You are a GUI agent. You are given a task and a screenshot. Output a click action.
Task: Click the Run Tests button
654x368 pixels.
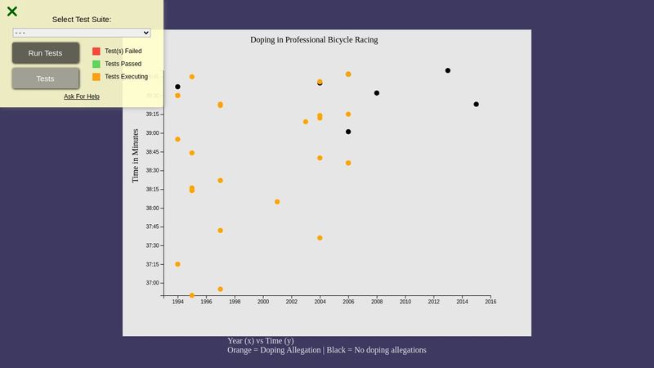tap(46, 53)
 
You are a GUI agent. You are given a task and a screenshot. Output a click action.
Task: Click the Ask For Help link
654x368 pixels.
tap(82, 96)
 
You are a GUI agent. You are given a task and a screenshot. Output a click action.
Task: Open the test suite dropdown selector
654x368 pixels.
tap(82, 33)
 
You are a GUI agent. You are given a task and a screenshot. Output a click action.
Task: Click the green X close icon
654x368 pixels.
tap(12, 11)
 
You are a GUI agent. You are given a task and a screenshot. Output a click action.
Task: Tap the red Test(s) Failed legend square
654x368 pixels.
tap(96, 51)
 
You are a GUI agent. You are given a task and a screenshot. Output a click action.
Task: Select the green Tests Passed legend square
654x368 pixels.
tap(96, 64)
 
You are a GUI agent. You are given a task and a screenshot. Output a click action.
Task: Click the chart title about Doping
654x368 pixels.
tap(314, 39)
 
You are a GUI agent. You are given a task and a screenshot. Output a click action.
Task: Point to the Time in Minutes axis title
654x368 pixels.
tap(136, 155)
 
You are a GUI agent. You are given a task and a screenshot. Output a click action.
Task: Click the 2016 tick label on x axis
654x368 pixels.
tap(490, 302)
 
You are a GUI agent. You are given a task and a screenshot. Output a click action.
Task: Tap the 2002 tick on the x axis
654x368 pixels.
tap(291, 302)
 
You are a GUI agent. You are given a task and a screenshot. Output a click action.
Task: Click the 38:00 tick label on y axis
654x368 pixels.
tap(153, 208)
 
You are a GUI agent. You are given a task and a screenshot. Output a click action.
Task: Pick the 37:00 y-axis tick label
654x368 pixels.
tap(153, 283)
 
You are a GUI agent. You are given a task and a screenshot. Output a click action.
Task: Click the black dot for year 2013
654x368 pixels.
tap(448, 70)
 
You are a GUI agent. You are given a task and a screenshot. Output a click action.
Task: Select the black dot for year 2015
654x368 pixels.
tap(476, 104)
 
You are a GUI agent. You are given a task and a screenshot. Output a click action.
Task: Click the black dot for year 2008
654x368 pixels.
tap(377, 93)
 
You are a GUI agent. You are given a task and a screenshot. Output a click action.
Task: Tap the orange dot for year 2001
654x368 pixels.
tap(277, 201)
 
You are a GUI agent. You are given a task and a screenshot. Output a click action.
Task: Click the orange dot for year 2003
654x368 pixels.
tap(306, 122)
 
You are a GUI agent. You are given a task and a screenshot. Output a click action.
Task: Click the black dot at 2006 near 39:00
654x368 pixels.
tap(348, 132)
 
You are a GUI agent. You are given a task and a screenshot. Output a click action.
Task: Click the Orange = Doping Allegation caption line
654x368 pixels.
tap(327, 350)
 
